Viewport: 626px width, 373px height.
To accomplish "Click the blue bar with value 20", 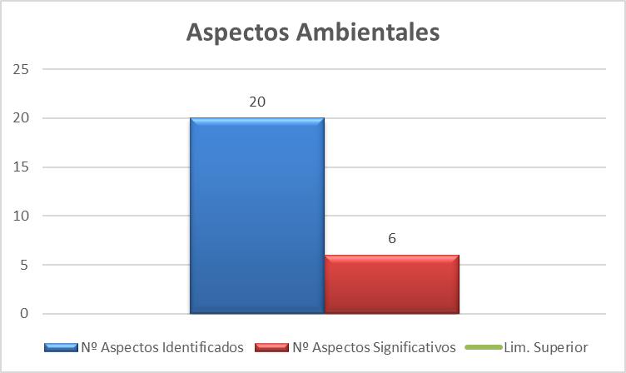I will [x=257, y=216].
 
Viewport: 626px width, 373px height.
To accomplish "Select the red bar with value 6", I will [x=391, y=285].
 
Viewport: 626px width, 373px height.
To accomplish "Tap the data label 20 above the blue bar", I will [x=257, y=102].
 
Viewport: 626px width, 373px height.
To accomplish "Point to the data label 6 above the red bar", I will [x=391, y=239].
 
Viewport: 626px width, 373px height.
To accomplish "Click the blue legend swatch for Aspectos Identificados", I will [x=62, y=346].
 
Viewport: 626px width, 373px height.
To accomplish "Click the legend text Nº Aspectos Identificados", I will [x=161, y=346].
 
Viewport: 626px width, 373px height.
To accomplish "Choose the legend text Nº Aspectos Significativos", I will [x=375, y=346].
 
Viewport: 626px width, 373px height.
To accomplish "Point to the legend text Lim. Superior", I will [x=546, y=346].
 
